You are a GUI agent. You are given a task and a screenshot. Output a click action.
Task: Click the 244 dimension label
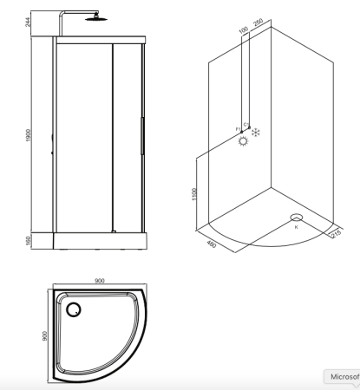pyautogui.click(x=29, y=22)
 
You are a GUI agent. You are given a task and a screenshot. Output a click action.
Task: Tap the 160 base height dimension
pyautogui.click(x=29, y=240)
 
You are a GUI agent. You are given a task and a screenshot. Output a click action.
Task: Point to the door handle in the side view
pyautogui.click(x=142, y=134)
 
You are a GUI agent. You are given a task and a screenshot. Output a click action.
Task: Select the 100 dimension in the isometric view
pyautogui.click(x=244, y=31)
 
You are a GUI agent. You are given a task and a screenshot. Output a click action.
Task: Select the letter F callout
pyautogui.click(x=237, y=128)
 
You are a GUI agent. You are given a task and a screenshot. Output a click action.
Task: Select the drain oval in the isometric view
pyautogui.click(x=297, y=218)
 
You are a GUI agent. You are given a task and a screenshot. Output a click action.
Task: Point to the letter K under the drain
pyautogui.click(x=296, y=228)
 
